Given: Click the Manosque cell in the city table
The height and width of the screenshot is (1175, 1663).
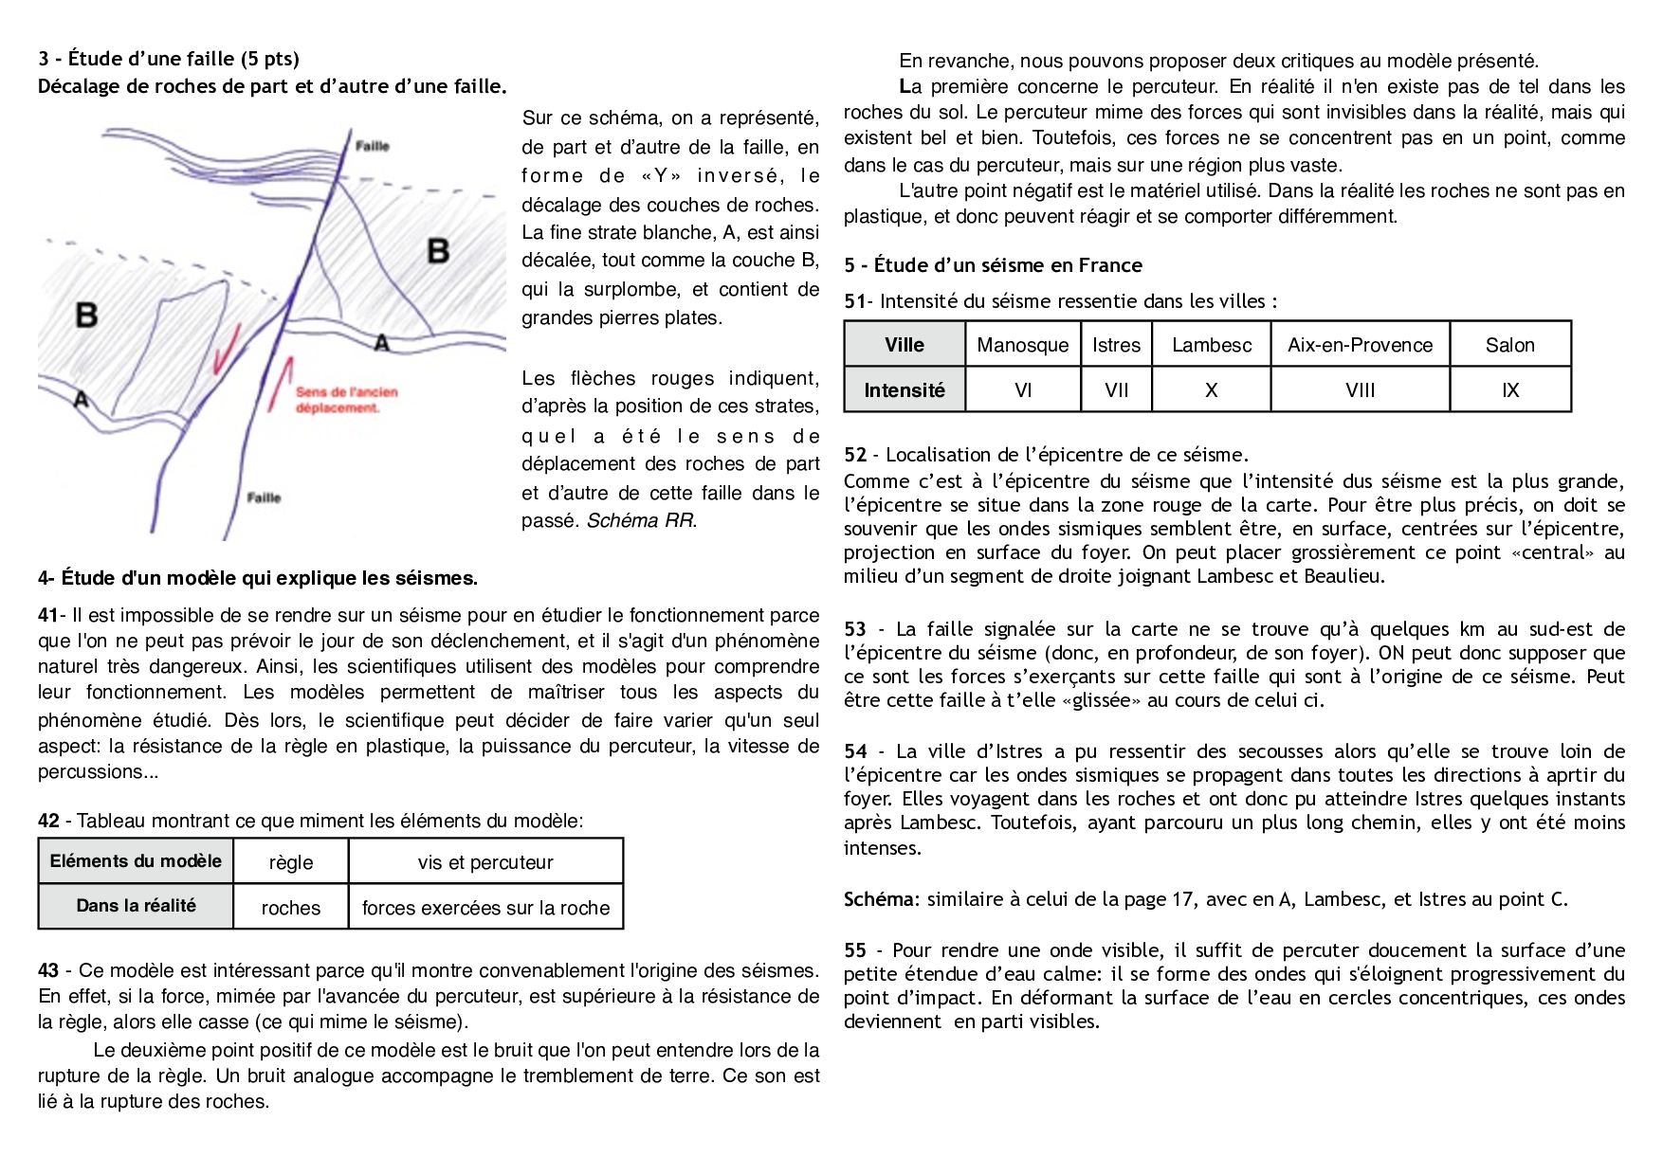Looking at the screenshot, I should pos(1022,345).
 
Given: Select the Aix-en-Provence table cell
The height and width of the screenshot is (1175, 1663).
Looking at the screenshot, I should pos(1360,345).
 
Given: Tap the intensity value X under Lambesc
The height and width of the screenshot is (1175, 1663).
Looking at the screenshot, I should pos(1211,389).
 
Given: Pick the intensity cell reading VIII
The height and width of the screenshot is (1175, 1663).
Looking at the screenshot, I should pos(1360,389).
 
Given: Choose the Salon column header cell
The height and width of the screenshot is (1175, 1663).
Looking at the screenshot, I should pos(1509,345).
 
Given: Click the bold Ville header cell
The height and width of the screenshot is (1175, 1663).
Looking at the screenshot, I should pos(905,345).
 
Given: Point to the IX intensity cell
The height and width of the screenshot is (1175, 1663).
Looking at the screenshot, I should pos(1509,389).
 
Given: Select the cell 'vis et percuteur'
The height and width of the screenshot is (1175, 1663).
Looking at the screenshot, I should pos(484,862).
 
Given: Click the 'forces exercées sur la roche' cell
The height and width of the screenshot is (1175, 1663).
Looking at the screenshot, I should pos(485,908).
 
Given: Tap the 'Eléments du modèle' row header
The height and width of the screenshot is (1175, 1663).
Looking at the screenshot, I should pos(136,861).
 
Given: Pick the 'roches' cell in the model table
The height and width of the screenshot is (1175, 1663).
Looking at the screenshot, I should pos(290,908).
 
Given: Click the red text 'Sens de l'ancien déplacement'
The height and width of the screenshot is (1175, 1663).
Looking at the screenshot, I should pos(346,399).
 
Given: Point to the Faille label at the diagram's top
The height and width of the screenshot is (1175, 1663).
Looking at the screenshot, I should pos(373,146).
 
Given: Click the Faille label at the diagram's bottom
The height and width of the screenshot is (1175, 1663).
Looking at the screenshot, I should pos(264,497).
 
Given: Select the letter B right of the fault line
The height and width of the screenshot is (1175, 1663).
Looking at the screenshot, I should pos(438,251).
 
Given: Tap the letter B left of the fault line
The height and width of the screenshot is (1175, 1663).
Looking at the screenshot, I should pos(86,314).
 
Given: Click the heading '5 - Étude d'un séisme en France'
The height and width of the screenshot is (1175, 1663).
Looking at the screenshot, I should pos(993,265).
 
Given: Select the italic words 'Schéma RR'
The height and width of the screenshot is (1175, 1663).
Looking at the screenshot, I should pos(640,520).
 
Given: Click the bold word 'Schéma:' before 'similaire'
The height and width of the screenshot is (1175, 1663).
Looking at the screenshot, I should pos(882,899).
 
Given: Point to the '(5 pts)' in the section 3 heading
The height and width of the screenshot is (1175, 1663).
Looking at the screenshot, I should pos(269,59).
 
